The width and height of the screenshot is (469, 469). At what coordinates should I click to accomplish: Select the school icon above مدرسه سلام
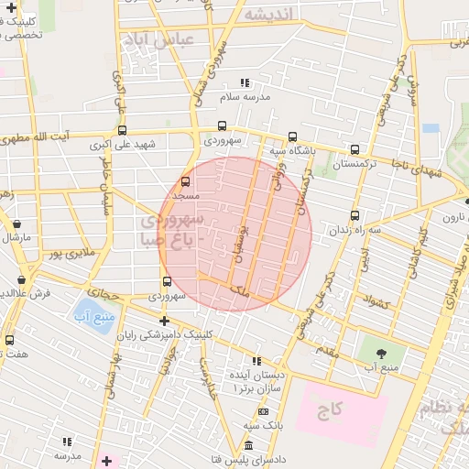[245, 82]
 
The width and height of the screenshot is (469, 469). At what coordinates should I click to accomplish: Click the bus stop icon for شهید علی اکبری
[122, 130]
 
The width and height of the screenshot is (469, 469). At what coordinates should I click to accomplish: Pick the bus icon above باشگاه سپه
[292, 136]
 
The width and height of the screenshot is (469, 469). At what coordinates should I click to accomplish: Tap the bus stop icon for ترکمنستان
[354, 148]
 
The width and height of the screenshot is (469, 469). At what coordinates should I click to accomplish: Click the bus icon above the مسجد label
[186, 182]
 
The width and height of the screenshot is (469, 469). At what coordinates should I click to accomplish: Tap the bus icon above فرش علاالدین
[22, 280]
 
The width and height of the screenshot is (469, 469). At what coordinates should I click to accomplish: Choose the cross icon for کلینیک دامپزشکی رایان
[164, 321]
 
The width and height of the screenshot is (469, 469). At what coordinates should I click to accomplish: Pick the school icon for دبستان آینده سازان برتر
[256, 362]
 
